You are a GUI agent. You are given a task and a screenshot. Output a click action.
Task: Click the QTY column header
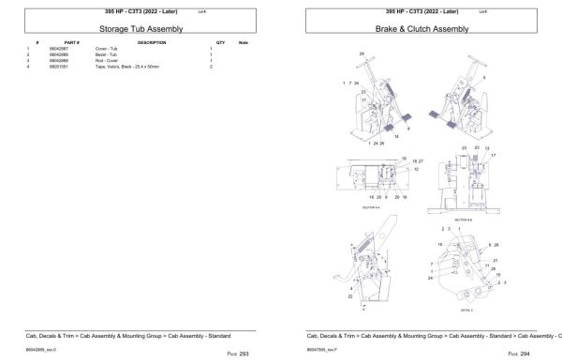[221, 43]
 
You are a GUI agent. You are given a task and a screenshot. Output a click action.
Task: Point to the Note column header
[244, 43]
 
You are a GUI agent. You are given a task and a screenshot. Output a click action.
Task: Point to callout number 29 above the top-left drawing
[361, 55]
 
